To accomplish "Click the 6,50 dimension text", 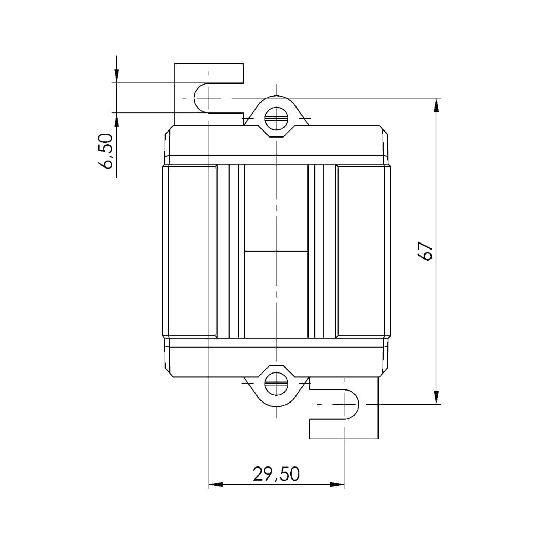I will (x=105, y=151).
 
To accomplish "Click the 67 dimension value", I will (x=425, y=251).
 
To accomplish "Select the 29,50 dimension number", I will (x=276, y=474).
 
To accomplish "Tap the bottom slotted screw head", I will (x=276, y=384).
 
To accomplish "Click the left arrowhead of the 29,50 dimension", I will (x=215, y=484).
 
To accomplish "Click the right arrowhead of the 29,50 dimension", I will (x=337, y=484).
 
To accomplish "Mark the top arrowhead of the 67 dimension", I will (x=436, y=105).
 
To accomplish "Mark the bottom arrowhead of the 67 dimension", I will (x=436, y=397).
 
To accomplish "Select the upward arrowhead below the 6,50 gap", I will (x=116, y=120).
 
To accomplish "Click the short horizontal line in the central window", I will (x=276, y=251).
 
